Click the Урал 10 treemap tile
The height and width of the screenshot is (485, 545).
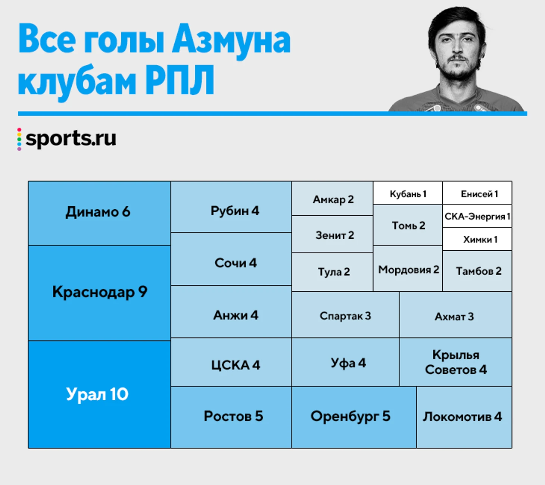click(99, 394)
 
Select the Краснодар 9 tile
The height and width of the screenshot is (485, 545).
click(99, 293)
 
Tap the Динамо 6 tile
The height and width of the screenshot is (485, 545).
click(99, 213)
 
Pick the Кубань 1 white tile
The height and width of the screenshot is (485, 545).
click(408, 193)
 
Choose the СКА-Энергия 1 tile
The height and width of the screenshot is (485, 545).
click(477, 216)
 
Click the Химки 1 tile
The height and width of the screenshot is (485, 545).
click(477, 239)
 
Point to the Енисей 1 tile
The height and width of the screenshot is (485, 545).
click(477, 193)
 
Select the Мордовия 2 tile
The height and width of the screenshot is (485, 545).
click(408, 268)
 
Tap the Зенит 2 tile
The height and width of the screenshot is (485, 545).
click(332, 234)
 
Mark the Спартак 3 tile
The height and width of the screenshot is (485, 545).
click(345, 315)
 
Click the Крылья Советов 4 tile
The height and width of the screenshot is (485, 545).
click(456, 362)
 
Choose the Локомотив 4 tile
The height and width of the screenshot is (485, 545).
click(464, 417)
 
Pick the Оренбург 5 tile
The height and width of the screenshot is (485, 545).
click(354, 417)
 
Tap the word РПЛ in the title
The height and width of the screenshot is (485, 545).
click(180, 80)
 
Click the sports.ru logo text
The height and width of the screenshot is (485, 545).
click(71, 139)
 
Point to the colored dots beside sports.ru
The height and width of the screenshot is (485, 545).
click(19, 139)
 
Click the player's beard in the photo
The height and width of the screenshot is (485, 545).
click(458, 69)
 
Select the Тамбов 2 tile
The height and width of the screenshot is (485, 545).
click(477, 271)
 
